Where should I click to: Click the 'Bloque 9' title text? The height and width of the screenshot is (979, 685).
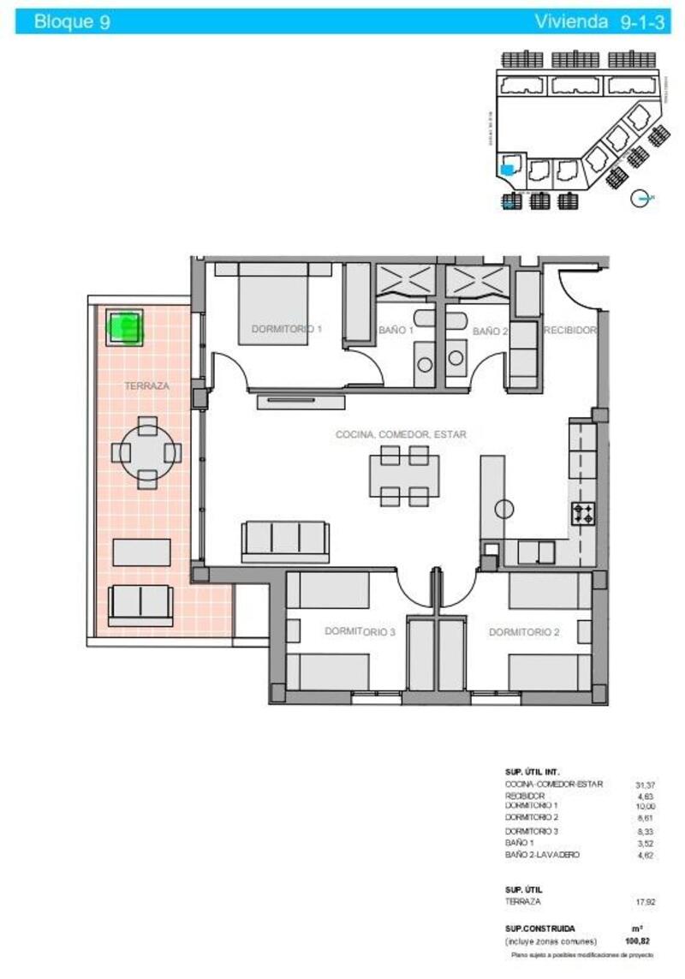tap(71, 22)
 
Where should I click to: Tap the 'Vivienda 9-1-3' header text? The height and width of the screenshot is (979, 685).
tap(599, 22)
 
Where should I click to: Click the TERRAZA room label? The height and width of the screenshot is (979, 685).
tap(146, 386)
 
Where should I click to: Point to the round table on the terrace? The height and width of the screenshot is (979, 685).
tap(147, 452)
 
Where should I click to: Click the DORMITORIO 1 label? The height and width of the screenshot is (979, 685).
tap(286, 329)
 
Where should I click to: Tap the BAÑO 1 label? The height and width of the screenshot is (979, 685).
tap(396, 331)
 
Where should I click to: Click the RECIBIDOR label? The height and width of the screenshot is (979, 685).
tap(570, 329)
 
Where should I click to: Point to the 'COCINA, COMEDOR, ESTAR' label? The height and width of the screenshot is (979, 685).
tap(401, 435)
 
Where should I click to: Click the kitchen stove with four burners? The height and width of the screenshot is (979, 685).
tap(584, 514)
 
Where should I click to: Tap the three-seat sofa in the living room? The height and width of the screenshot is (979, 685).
tap(285, 540)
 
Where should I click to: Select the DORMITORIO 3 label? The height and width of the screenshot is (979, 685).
tap(360, 632)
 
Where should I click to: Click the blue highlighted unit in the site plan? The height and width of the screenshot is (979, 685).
tap(508, 170)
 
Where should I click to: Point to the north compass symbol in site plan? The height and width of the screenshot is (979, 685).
tap(640, 199)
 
